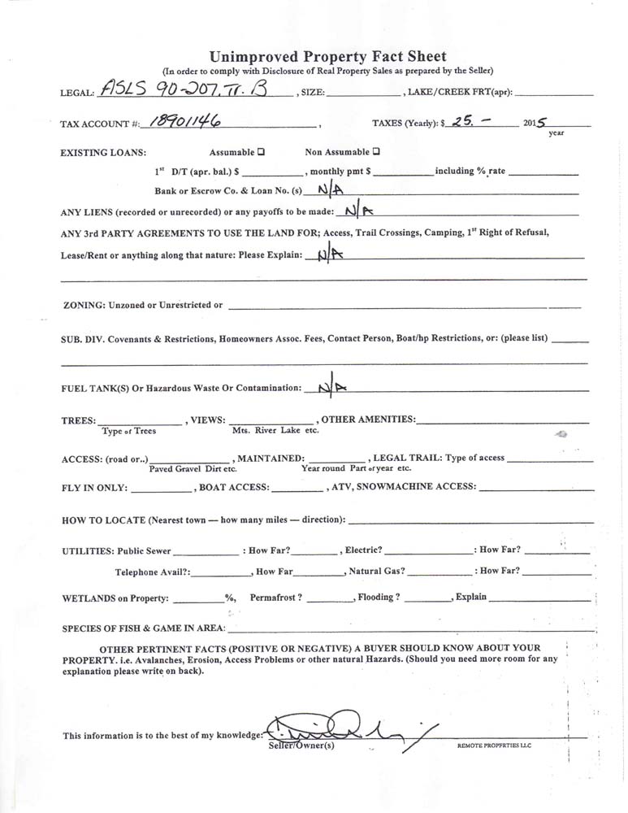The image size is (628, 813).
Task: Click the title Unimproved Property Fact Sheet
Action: click(327, 56)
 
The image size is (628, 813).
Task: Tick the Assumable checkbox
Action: click(261, 152)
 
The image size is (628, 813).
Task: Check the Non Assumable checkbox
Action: click(376, 152)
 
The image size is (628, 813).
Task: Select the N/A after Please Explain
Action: click(331, 254)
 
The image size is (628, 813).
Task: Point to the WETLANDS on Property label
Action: click(115, 598)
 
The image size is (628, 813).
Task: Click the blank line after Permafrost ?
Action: click(331, 598)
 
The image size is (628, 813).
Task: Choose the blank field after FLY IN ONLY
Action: click(161, 488)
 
